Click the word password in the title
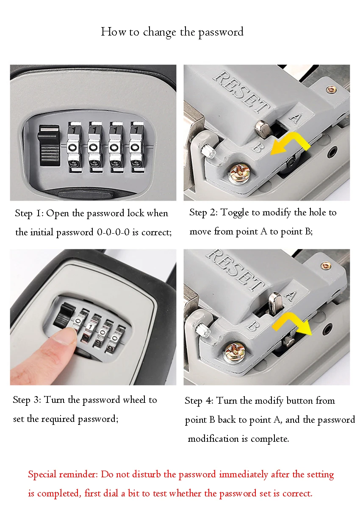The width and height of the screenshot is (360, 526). click(221, 33)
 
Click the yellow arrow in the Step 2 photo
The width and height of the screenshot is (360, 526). click(290, 144)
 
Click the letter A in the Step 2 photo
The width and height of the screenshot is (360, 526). click(296, 118)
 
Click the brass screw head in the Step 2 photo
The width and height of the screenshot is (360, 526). click(239, 173)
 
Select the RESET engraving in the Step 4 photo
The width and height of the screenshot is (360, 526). click(235, 270)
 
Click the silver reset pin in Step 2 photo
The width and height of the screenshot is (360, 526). click(263, 129)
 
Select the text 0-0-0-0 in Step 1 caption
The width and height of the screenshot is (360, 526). click(113, 232)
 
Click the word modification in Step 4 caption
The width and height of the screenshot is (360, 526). click(213, 439)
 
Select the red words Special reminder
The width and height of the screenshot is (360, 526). click(63, 474)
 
